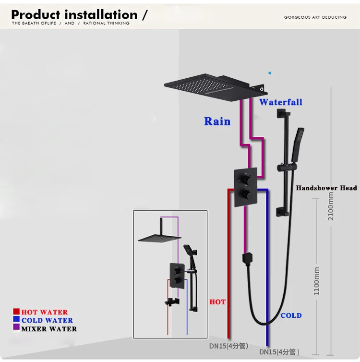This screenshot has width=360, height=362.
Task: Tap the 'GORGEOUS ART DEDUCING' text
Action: (x=315, y=17)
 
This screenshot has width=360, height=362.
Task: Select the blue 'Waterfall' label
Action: (x=281, y=102)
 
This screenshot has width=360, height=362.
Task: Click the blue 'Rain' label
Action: (x=217, y=121)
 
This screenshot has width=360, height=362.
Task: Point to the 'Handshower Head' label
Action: (x=326, y=188)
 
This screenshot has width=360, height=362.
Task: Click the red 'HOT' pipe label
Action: (x=217, y=302)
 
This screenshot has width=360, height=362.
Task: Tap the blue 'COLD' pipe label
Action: (x=291, y=315)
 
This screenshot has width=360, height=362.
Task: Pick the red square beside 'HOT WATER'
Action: (x=16, y=312)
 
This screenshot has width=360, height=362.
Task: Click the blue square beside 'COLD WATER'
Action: (x=16, y=320)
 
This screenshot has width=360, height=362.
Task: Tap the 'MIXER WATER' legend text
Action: (x=49, y=329)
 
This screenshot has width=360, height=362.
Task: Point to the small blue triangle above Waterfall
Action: (x=269, y=73)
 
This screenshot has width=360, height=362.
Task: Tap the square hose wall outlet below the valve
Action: (x=247, y=258)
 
